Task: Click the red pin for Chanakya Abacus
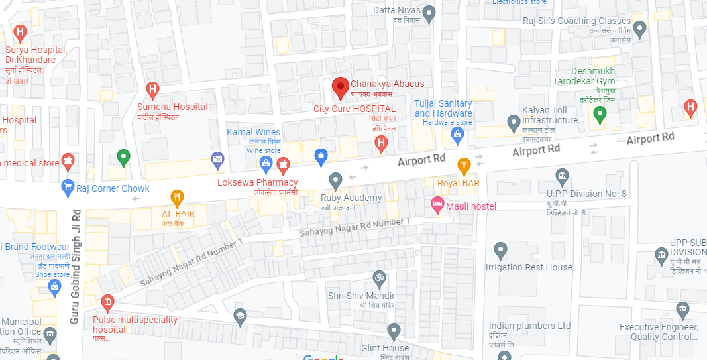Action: pyautogui.click(x=341, y=87)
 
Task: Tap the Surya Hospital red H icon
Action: pyautogui.click(x=20, y=32)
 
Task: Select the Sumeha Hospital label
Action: pyautogui.click(x=172, y=107)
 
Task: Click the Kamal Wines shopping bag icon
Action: pyautogui.click(x=266, y=162)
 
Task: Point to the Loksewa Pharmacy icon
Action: pyautogui.click(x=284, y=164)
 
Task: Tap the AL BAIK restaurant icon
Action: pyautogui.click(x=176, y=197)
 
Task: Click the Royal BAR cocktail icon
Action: pyautogui.click(x=464, y=164)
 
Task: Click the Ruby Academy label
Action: pyautogui.click(x=351, y=198)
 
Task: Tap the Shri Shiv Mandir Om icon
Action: pyautogui.click(x=380, y=276)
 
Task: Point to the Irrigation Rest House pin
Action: pyautogui.click(x=501, y=250)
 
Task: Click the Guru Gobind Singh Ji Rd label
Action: pyautogui.click(x=76, y=267)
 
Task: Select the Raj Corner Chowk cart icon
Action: pyautogui.click(x=67, y=188)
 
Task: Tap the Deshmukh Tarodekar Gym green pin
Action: pyautogui.click(x=600, y=115)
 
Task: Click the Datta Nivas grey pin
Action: pyautogui.click(x=429, y=11)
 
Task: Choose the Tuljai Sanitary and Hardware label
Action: pyautogui.click(x=443, y=109)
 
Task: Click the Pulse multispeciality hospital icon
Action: pyautogui.click(x=107, y=304)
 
